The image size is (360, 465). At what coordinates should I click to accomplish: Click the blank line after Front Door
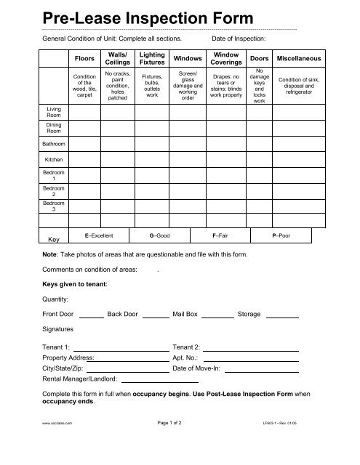(91, 316)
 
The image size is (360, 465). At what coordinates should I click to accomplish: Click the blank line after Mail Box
(217, 316)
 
